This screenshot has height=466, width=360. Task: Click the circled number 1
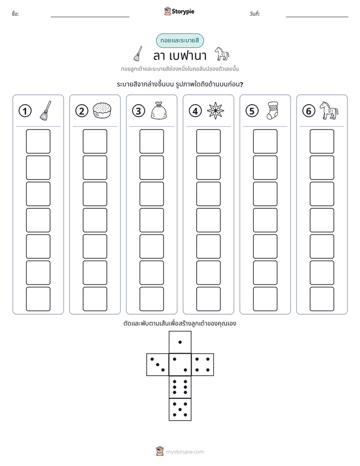coord(25,111)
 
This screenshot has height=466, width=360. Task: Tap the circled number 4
coord(195,111)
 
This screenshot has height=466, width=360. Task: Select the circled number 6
coord(309,111)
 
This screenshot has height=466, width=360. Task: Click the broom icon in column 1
coord(45,111)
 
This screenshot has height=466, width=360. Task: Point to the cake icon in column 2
coord(102,110)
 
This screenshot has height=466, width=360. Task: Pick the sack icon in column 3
coord(159,110)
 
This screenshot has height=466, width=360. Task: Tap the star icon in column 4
coord(215,111)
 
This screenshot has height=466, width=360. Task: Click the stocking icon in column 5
coord(272,110)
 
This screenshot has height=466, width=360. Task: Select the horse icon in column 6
coord(329,110)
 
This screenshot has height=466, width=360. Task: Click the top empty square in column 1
coord(38,141)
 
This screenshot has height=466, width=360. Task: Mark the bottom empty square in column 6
coord(322,299)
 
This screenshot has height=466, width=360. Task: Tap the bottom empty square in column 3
coord(151,299)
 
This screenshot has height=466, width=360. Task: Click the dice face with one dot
coord(180,342)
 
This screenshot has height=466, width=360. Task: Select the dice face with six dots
coord(180,387)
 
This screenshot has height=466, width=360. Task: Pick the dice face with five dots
coord(180,410)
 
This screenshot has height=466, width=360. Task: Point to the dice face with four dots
coord(203,365)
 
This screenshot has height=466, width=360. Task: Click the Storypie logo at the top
coord(179,12)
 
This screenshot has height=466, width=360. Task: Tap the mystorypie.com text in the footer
coord(185,452)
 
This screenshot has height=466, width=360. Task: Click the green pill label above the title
coord(180,41)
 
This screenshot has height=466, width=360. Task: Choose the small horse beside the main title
coord(222,54)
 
